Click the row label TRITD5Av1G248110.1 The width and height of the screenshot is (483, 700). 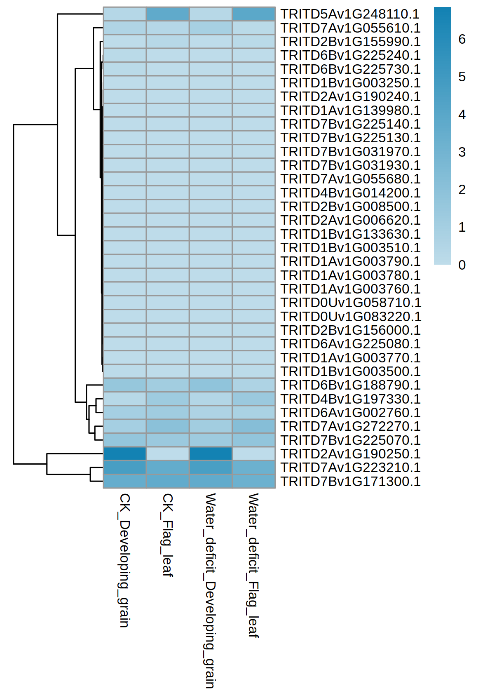[x=350, y=14]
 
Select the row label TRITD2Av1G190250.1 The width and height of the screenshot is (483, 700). [x=350, y=454]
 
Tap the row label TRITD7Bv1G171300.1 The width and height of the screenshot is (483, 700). [x=350, y=482]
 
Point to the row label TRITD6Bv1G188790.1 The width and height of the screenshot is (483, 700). [x=350, y=385]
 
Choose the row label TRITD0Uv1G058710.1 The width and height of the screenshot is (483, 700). [x=351, y=303]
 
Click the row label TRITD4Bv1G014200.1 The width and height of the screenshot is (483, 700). [x=350, y=193]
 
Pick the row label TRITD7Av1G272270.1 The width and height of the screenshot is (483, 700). [x=350, y=426]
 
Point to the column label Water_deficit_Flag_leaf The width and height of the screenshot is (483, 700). [x=253, y=565]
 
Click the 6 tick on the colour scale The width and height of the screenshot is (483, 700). [x=462, y=39]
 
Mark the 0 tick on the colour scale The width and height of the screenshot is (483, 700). [x=462, y=265]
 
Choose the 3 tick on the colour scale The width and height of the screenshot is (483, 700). [x=462, y=152]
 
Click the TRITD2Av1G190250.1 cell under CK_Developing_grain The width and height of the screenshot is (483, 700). [x=125, y=454]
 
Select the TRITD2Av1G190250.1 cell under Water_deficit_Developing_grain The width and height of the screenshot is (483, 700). [x=211, y=454]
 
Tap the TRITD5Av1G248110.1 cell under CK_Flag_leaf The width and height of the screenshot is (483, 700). [x=168, y=14]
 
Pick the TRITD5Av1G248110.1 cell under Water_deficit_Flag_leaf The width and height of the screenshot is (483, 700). [x=253, y=14]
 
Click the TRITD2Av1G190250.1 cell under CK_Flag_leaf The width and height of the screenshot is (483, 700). [x=168, y=454]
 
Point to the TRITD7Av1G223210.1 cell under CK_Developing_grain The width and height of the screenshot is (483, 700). [x=125, y=467]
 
